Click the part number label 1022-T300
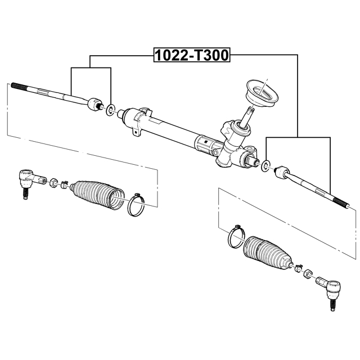pos(192,55)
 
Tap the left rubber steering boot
pos(97,195)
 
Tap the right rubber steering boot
pos(267,253)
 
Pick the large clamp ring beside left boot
pos(136,205)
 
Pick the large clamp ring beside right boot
pos(236,237)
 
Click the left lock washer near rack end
pos(111,110)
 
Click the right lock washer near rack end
pos(265,165)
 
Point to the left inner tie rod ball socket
pos(95,104)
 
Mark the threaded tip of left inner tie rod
pos(19,86)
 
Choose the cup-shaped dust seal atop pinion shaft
pos(262,93)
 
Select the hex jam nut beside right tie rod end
pos(308,273)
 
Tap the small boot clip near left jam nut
pos(64,184)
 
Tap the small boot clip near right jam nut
pos(298,268)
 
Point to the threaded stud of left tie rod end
pos(25,194)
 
